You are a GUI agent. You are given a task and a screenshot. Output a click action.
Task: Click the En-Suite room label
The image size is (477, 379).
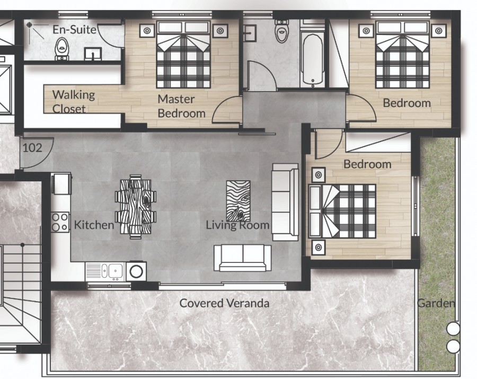click(74, 30)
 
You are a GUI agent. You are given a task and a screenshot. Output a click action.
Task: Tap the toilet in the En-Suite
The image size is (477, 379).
click(62, 48)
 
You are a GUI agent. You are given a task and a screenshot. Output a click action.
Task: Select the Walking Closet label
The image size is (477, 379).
click(73, 102)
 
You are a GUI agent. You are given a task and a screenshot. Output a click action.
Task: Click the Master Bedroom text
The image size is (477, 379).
click(181, 106)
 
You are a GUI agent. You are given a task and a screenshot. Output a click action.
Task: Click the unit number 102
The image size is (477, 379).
click(32, 148)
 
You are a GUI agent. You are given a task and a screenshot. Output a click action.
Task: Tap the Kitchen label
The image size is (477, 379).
click(94, 225)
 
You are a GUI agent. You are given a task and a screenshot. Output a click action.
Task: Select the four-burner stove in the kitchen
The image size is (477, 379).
click(60, 222)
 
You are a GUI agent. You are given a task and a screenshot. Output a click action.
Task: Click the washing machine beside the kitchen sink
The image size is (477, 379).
click(136, 271)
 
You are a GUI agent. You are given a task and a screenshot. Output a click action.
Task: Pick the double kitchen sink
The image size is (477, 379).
click(109, 271)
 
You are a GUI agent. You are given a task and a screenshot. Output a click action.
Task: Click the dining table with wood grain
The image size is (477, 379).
click(136, 207)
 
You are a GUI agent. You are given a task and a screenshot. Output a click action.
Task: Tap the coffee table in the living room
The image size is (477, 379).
click(238, 200)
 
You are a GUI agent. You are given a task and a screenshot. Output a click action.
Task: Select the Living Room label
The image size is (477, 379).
click(237, 225)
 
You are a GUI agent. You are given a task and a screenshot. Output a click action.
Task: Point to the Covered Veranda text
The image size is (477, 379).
click(224, 303)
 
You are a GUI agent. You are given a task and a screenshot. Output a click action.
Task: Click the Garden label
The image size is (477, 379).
click(436, 304)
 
